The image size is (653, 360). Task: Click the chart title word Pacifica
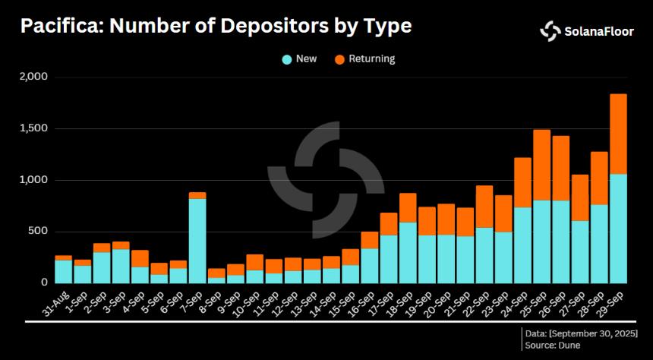(60, 27)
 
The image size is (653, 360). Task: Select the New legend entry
(299, 58)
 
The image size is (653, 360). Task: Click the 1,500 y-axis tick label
(33, 128)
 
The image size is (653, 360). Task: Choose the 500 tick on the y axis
(38, 232)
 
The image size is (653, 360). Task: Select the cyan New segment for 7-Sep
(197, 240)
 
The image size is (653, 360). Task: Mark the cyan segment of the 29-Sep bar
(619, 228)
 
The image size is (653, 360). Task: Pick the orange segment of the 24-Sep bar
(522, 182)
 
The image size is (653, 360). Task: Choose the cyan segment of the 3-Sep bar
(121, 266)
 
